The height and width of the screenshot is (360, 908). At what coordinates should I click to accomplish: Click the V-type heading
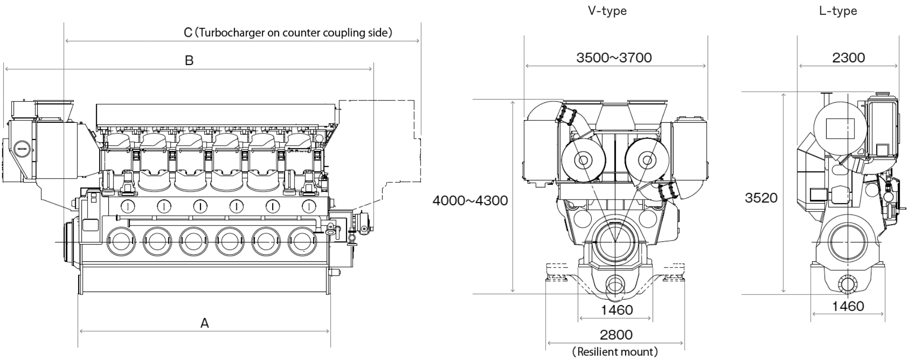pyautogui.click(x=607, y=11)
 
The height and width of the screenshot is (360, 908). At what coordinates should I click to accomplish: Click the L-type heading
pyautogui.click(x=838, y=11)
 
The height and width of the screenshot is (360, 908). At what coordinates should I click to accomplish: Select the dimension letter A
pyautogui.click(x=204, y=323)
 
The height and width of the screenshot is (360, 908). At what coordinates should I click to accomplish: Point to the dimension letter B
pyautogui.click(x=189, y=60)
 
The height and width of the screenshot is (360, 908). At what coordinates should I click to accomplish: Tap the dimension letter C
pyautogui.click(x=188, y=33)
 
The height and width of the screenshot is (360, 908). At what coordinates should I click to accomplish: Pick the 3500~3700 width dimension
pyautogui.click(x=614, y=58)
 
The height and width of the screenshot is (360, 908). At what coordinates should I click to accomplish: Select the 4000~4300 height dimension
pyautogui.click(x=470, y=200)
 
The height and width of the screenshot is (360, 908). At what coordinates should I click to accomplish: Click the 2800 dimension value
pyautogui.click(x=616, y=335)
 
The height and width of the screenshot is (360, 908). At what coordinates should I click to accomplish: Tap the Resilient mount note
pyautogui.click(x=615, y=352)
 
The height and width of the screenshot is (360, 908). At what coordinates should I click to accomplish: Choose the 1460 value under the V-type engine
pyautogui.click(x=616, y=310)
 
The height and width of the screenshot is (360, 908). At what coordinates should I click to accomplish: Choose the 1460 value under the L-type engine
pyautogui.click(x=848, y=306)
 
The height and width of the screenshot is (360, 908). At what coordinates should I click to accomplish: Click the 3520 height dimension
pyautogui.click(x=761, y=198)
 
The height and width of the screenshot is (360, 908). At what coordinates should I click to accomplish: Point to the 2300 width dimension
pyautogui.click(x=848, y=58)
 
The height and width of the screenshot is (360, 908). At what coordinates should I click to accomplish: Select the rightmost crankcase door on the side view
pyautogui.click(x=302, y=241)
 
